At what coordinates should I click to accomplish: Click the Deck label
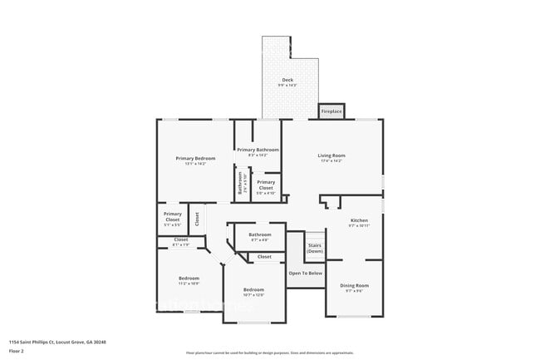287,80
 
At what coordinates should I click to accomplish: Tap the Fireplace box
331,111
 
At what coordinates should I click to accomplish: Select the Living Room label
331,155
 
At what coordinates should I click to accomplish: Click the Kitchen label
358,220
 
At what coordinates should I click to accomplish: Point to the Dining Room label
354,285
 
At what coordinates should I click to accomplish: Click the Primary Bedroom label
195,158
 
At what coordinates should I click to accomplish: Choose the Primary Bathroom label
258,150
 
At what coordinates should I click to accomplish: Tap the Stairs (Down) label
315,248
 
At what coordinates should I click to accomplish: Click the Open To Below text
305,273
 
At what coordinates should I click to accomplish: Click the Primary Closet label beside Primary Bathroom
266,185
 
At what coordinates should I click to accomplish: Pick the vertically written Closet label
197,219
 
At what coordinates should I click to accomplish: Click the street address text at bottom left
57,342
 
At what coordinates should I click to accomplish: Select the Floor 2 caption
17,352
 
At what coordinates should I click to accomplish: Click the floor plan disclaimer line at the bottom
269,353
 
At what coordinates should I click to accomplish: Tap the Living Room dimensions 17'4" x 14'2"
331,161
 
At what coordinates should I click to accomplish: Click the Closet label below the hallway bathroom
264,257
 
